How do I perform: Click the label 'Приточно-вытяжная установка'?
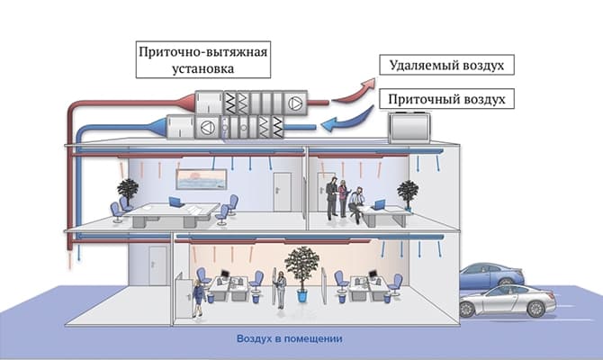tap(203, 59)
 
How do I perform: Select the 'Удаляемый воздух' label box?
tap(446, 65)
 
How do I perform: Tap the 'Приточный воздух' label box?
tap(446, 99)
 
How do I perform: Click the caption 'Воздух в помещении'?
tap(289, 338)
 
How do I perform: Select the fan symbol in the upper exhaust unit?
tap(296, 103)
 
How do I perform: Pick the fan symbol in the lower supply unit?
tap(207, 127)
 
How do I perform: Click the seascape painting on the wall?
tap(201, 179)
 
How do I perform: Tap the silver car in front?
tap(508, 301)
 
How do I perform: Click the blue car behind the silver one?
tap(491, 275)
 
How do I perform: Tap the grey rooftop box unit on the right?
tap(409, 127)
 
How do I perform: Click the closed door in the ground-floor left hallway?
tap(158, 265)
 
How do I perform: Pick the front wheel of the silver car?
tap(535, 309)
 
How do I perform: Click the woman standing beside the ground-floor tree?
tap(281, 290)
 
